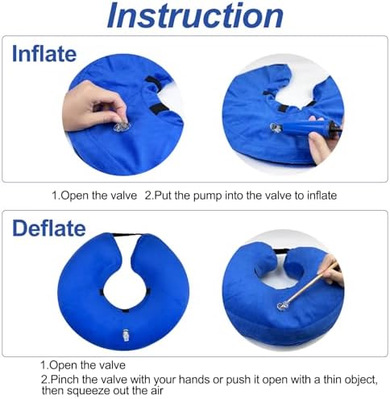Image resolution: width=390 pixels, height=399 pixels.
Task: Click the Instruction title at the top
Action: pyautogui.click(x=195, y=15)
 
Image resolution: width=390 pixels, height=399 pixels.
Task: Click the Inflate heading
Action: pyautogui.click(x=44, y=54)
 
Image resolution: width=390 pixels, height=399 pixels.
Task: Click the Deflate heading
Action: pyautogui.click(x=49, y=228)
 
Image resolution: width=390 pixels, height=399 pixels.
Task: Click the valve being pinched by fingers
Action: pyautogui.click(x=122, y=126)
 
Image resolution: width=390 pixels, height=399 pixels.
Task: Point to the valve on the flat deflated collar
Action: pyautogui.click(x=126, y=335)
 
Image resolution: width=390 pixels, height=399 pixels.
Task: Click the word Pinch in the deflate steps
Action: pyautogui.click(x=65, y=380)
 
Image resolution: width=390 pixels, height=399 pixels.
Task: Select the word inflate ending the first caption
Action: pyautogui.click(x=322, y=195)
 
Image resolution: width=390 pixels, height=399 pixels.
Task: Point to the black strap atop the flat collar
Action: pyautogui.click(x=127, y=235)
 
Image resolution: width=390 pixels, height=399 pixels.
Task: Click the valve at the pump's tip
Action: pyautogui.click(x=276, y=128)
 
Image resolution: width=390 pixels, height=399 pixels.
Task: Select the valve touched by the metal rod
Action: pyautogui.click(x=283, y=306)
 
